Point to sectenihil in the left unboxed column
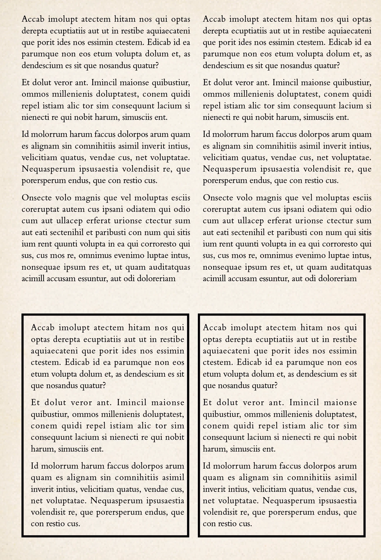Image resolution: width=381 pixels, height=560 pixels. click(x=68, y=233)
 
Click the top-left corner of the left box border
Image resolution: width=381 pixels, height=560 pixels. click(x=23, y=315)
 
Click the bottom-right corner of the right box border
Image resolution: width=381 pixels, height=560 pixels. click(x=364, y=536)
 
